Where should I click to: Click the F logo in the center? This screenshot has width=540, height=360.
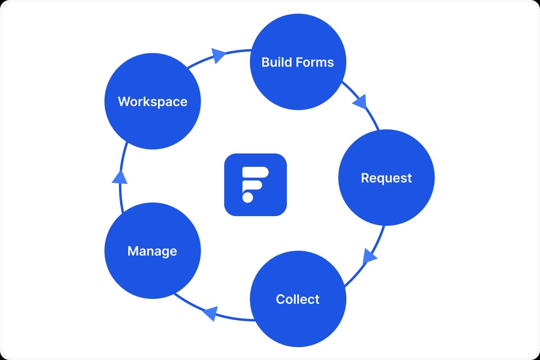coord(256,185)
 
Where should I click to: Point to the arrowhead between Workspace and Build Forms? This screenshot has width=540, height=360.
coord(218,55)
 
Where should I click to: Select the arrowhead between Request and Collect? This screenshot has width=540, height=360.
coord(369,256)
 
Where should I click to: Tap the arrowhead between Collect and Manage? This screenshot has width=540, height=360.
coord(209,313)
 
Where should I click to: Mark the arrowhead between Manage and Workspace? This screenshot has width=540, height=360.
coord(119,177)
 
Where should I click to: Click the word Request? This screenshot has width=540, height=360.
coord(386,178)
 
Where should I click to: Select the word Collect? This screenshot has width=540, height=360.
coord(298,299)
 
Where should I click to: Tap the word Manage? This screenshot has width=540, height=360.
coord(152,251)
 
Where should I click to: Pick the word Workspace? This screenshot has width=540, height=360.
coord(152,101)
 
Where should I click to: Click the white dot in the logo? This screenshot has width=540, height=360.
coord(247,197)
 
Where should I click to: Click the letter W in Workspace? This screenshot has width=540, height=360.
coord(124,101)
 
